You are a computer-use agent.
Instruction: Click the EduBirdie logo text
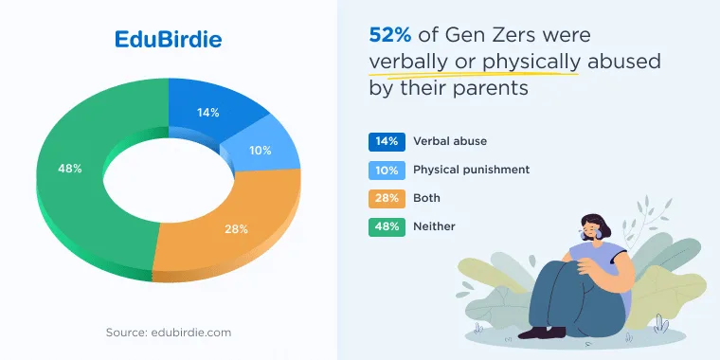pyautogui.click(x=168, y=40)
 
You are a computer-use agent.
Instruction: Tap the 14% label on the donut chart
pyautogui.click(x=208, y=113)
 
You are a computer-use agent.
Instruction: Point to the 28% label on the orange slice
pyautogui.click(x=236, y=229)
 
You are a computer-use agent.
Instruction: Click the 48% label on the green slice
pyautogui.click(x=70, y=169)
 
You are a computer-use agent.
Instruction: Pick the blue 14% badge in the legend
pyautogui.click(x=387, y=142)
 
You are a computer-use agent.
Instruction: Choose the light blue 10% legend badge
pyautogui.click(x=387, y=171)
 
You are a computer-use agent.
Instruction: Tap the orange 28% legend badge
pyautogui.click(x=387, y=199)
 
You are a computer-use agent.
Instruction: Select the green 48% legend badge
pyautogui.click(x=387, y=227)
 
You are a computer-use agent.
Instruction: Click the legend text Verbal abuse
pyautogui.click(x=450, y=141)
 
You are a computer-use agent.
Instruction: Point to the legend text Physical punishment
pyautogui.click(x=471, y=170)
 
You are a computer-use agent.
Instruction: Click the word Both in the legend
pyautogui.click(x=426, y=198)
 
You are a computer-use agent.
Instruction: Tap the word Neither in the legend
pyautogui.click(x=434, y=226)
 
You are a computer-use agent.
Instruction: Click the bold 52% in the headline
pyautogui.click(x=390, y=35)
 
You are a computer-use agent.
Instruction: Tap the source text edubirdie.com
pyautogui.click(x=191, y=333)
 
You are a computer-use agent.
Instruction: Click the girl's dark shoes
pyautogui.click(x=542, y=333)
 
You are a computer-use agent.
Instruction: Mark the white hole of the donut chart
pyautogui.click(x=169, y=180)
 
